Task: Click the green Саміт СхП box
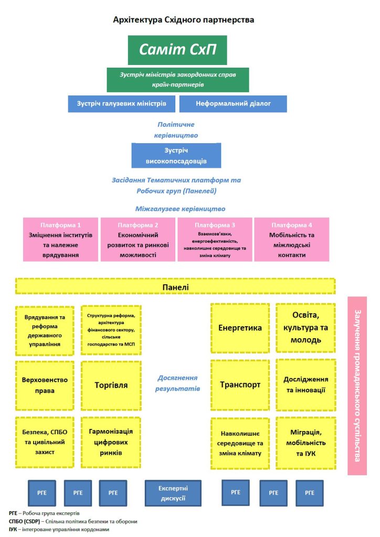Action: [177, 50]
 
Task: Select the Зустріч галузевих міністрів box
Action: [121, 104]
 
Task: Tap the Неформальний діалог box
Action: [233, 104]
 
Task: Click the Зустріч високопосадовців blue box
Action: [176, 156]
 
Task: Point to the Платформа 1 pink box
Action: [61, 239]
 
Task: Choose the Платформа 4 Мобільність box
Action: [292, 239]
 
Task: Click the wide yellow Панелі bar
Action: [175, 286]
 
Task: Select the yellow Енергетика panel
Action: [240, 328]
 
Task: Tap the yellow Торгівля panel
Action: [111, 385]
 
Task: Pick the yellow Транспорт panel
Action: [240, 384]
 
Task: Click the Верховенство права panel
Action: [45, 385]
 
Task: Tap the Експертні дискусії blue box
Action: [173, 493]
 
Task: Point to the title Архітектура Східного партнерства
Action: [184, 20]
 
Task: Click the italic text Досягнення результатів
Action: [177, 383]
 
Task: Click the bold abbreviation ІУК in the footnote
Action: [14, 530]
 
